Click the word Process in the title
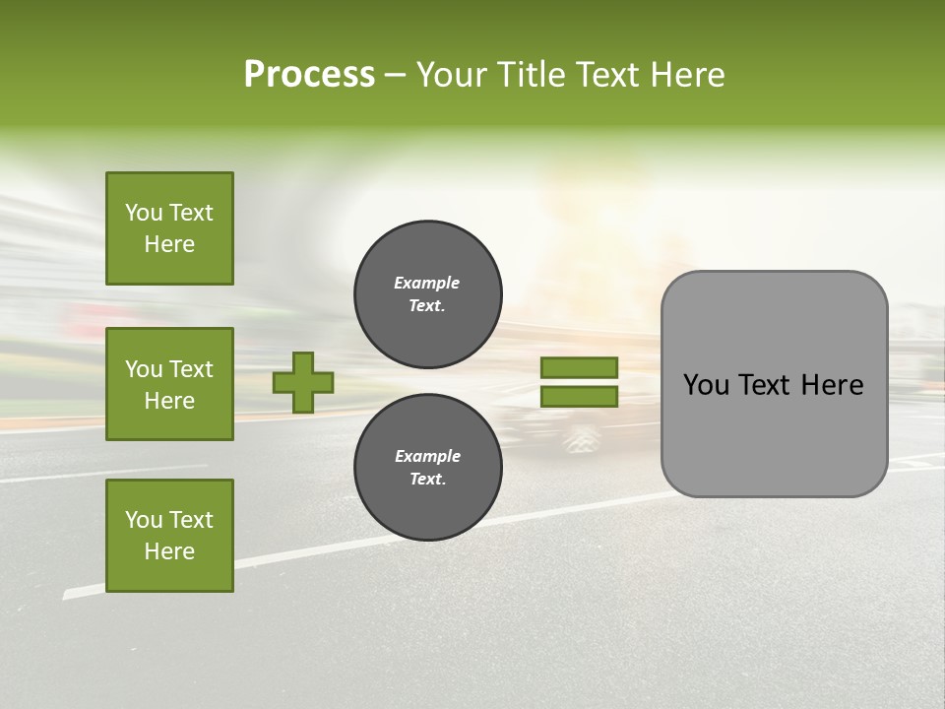click(x=309, y=75)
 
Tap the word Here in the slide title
click(x=686, y=75)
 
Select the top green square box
click(x=169, y=228)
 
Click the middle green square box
click(x=169, y=384)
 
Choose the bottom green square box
click(x=169, y=536)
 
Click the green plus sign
click(x=303, y=382)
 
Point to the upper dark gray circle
click(x=428, y=294)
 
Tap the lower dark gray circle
click(x=428, y=468)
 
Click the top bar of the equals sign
click(x=579, y=368)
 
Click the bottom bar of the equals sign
click(x=579, y=397)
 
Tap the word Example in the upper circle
click(x=427, y=284)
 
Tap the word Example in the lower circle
click(x=427, y=457)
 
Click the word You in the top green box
click(x=143, y=213)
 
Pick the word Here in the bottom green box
click(x=169, y=552)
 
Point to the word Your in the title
click(x=452, y=75)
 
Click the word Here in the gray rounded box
click(x=832, y=385)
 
